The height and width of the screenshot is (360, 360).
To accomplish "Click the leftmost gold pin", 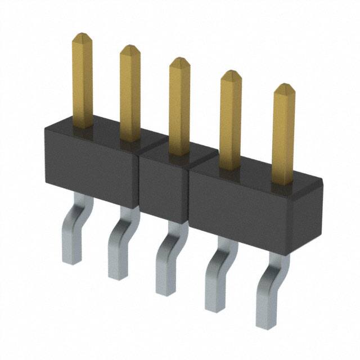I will point(83,82).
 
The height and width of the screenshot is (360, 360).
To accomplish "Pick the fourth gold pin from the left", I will point(230,120).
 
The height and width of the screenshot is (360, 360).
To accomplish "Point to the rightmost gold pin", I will point(283,135).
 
